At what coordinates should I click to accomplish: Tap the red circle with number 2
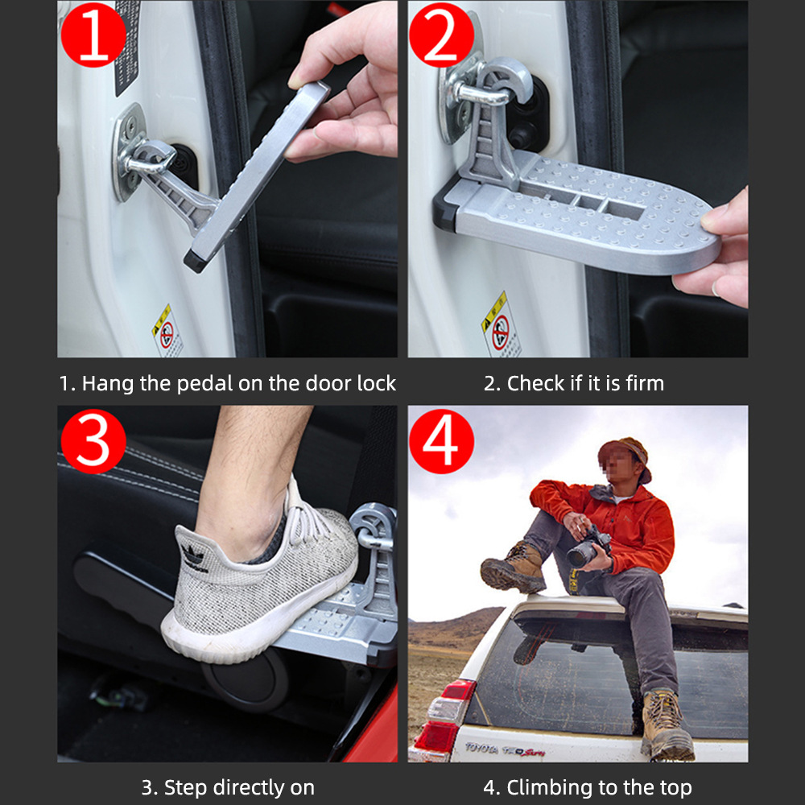click(442, 36)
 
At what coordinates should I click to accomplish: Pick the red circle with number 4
click(442, 441)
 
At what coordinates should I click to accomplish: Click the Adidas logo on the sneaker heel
click(194, 556)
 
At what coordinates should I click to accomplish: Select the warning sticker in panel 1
click(167, 330)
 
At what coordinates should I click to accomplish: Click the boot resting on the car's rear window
click(665, 724)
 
